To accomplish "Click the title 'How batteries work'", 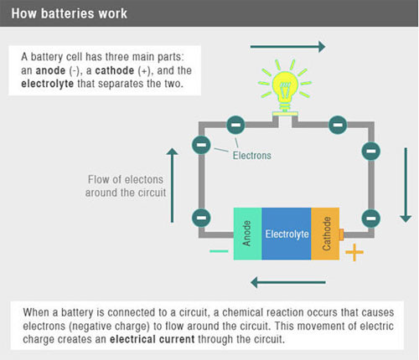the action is point(69,13).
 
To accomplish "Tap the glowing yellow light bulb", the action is point(285,87).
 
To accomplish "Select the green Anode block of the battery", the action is point(247,234).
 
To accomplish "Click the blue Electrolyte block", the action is point(287,234).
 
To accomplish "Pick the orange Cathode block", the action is point(325,234).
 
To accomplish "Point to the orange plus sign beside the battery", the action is point(354,252).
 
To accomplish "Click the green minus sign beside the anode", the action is point(219,251).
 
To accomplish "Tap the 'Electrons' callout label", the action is point(252,156).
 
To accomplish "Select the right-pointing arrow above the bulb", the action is point(287,47).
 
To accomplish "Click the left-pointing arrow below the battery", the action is point(288,282).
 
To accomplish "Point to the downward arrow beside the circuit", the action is point(406,185).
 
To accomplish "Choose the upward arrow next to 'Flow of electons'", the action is point(172,185).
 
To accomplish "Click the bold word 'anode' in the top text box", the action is point(50,70).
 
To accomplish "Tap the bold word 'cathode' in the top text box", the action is point(115,70).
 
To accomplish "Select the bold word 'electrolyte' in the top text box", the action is point(48,84).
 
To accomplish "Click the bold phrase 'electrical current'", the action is point(153,339).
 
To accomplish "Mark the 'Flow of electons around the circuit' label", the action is point(126,186).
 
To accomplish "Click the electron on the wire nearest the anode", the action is point(201,218).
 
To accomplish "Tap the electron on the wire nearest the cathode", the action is point(371,219).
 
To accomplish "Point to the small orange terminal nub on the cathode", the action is point(341,234).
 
